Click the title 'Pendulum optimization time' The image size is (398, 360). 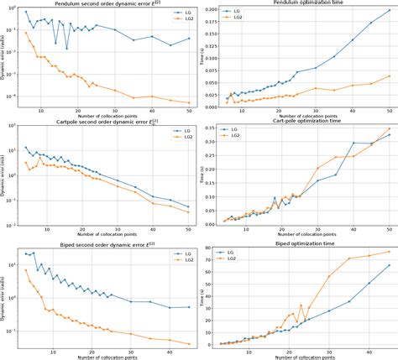point(305,4)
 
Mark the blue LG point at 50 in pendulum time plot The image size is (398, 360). point(390,12)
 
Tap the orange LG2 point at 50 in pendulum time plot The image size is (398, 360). point(390,76)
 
